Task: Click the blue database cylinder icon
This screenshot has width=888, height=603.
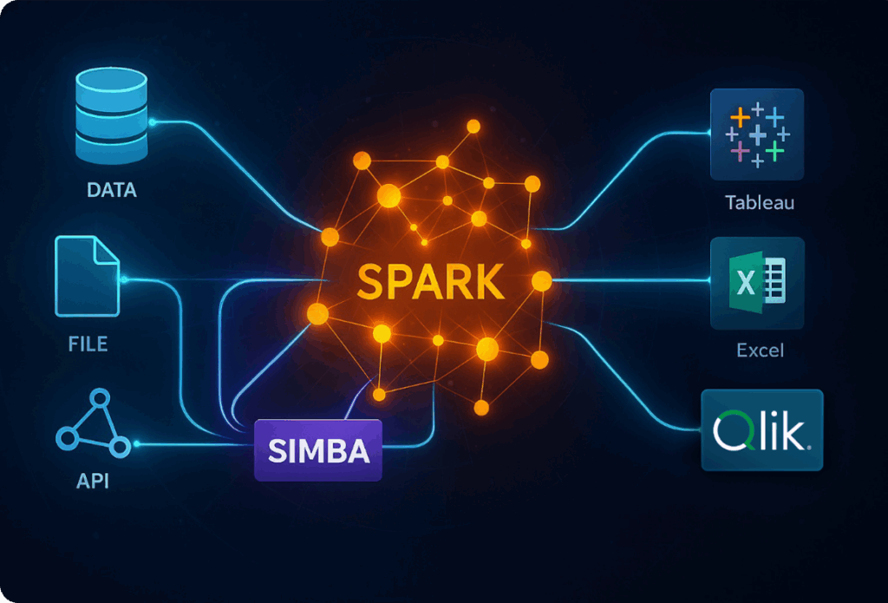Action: click(x=111, y=117)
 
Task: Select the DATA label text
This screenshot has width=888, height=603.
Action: click(x=111, y=189)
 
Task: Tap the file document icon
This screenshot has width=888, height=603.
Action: click(x=87, y=276)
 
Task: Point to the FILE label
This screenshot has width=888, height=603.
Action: click(x=88, y=344)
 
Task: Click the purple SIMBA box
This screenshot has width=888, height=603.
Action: click(x=317, y=450)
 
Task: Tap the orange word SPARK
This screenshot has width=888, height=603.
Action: click(x=431, y=282)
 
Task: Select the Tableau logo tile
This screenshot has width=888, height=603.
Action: click(x=757, y=134)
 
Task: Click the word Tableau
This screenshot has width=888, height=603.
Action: click(x=760, y=204)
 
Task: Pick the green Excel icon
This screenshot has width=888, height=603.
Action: click(x=757, y=283)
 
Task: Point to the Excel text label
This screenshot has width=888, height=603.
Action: click(x=760, y=351)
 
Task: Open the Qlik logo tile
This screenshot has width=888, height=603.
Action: click(x=761, y=430)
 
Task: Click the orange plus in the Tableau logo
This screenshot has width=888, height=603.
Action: click(x=740, y=116)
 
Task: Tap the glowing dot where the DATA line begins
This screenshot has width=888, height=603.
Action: click(x=153, y=122)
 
